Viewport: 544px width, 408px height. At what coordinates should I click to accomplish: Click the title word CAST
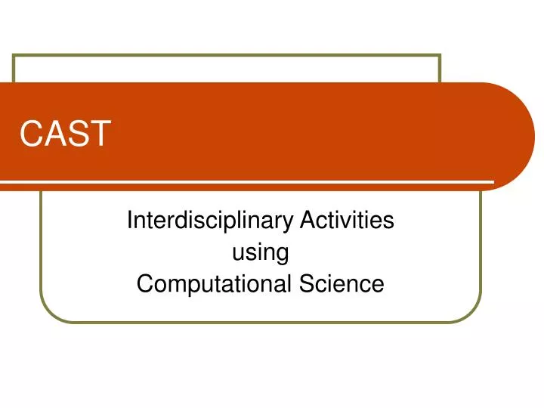click(66, 134)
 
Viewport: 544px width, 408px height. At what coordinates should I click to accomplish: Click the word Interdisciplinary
click(211, 221)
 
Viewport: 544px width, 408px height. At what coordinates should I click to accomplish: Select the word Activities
click(347, 221)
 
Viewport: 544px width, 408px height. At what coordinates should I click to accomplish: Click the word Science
click(342, 285)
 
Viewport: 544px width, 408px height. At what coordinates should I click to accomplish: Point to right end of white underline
click(493, 182)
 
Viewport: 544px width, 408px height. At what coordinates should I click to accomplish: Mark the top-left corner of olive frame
click(14, 55)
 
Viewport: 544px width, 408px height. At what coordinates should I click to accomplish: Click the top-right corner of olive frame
click(440, 55)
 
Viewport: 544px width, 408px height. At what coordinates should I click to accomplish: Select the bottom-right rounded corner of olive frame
click(474, 315)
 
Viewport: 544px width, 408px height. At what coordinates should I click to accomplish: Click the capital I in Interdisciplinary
click(129, 221)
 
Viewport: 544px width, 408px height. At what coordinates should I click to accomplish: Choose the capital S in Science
click(306, 285)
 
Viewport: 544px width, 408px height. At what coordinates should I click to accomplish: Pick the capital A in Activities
click(308, 221)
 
